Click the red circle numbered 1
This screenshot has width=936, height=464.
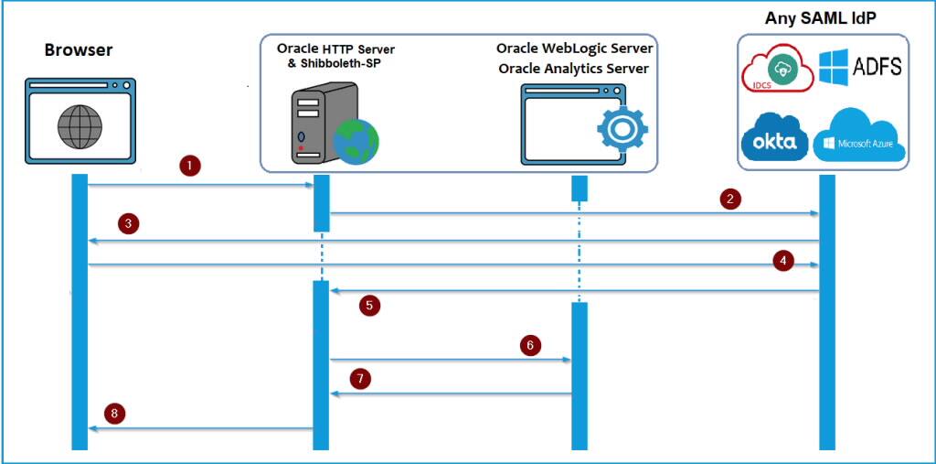(x=189, y=166)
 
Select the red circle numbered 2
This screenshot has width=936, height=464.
(x=729, y=197)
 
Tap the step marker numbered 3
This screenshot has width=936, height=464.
(x=130, y=223)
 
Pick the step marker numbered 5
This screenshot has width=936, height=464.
(x=369, y=306)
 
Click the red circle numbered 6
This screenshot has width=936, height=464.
(x=530, y=345)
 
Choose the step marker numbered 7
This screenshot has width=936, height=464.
(x=361, y=377)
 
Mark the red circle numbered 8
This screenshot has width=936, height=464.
(x=114, y=414)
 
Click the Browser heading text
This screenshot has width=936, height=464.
(x=79, y=50)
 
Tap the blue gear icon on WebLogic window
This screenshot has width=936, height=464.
(x=622, y=128)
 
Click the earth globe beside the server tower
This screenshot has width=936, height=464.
(x=356, y=140)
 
